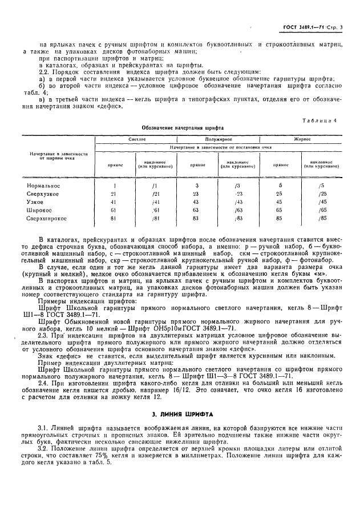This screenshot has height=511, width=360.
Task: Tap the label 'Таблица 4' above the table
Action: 323,120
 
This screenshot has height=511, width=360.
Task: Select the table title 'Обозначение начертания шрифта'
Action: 183,128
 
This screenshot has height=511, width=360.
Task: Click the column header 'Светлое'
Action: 137,139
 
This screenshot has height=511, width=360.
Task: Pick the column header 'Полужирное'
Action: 216,139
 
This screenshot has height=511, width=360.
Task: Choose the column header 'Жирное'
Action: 302,139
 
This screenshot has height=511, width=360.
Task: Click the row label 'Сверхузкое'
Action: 43,194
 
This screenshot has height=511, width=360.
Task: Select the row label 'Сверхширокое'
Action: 47,218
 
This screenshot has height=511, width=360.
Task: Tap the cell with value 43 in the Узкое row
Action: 197,202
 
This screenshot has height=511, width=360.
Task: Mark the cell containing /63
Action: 238,210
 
